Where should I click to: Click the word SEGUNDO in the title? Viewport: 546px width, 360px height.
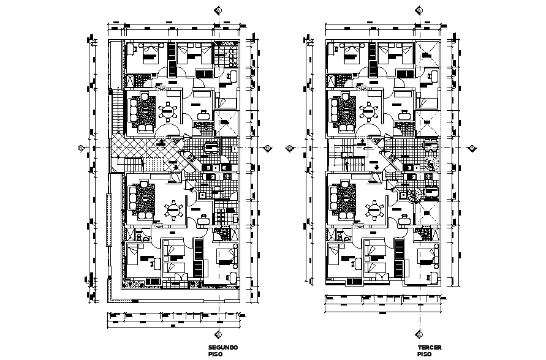tap(222, 347)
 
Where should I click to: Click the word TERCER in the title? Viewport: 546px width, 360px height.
tap(429, 347)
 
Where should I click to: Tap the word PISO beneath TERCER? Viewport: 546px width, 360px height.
tap(423, 354)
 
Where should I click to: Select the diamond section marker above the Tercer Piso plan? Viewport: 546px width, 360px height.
tap(419, 10)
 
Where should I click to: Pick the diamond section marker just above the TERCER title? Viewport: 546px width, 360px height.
tap(419, 334)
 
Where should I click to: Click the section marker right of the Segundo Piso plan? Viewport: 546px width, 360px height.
tap(268, 147)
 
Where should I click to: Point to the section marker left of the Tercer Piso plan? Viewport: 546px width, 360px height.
tap(290, 147)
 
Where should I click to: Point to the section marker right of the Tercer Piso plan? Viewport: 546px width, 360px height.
tap(472, 147)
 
